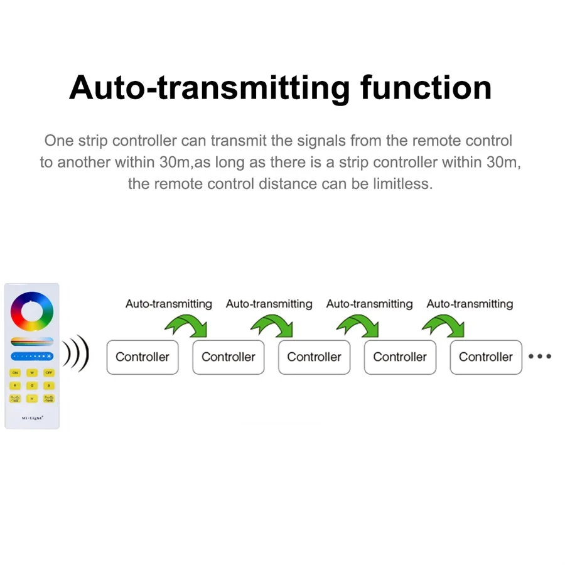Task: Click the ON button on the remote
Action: pos(15,373)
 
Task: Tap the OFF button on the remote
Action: pos(49,373)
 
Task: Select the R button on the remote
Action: pos(15,385)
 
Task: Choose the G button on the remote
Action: pos(32,385)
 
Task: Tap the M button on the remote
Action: pos(32,399)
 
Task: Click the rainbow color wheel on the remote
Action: pos(32,311)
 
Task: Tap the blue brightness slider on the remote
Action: pos(32,357)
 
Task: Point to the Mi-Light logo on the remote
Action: pos(32,417)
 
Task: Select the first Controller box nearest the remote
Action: pos(143,357)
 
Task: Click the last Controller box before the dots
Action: pos(486,357)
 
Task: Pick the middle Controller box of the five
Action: pos(314,357)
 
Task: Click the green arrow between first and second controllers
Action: pos(186,325)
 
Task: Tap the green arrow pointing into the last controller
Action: pos(443,325)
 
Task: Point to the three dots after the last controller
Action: pos(540,357)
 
